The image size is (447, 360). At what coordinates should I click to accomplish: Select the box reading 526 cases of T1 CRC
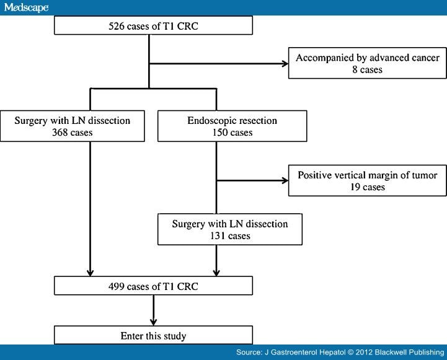153,27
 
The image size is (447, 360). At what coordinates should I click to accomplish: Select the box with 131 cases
229,229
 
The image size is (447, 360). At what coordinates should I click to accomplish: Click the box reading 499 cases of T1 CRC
153,285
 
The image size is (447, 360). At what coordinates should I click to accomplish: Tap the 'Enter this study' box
153,335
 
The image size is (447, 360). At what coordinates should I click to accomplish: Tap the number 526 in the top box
118,27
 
